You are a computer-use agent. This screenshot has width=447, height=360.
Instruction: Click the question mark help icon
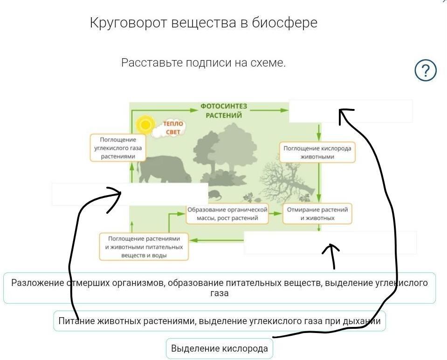pos(425,71)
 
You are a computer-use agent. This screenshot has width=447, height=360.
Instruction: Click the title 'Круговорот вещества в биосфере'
pos(203,23)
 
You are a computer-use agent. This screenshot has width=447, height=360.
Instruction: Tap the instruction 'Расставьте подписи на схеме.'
pos(203,63)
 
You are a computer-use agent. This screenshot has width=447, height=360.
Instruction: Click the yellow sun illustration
pos(145,125)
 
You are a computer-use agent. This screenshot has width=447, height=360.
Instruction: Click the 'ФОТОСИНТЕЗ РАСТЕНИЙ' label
pos(224,111)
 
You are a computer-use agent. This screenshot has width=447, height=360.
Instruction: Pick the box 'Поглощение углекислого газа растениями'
pos(118,148)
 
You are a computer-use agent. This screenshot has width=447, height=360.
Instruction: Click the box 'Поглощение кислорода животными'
pos(317,152)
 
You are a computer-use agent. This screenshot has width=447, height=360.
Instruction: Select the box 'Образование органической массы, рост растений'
pos(227,214)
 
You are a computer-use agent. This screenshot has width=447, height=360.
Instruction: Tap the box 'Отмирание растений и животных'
pos(317,214)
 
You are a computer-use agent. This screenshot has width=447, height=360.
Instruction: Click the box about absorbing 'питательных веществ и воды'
pos(144,246)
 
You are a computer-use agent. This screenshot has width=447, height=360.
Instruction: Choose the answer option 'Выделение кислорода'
pos(220,348)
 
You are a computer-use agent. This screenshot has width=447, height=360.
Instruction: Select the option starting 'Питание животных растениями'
pos(220,321)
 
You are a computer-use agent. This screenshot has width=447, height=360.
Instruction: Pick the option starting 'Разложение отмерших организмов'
pos(220,288)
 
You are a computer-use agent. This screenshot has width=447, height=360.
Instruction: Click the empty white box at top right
pos(351,111)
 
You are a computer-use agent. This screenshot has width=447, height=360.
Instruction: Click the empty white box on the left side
pos(130,194)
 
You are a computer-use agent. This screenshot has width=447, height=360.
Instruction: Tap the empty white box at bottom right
pos(330,242)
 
